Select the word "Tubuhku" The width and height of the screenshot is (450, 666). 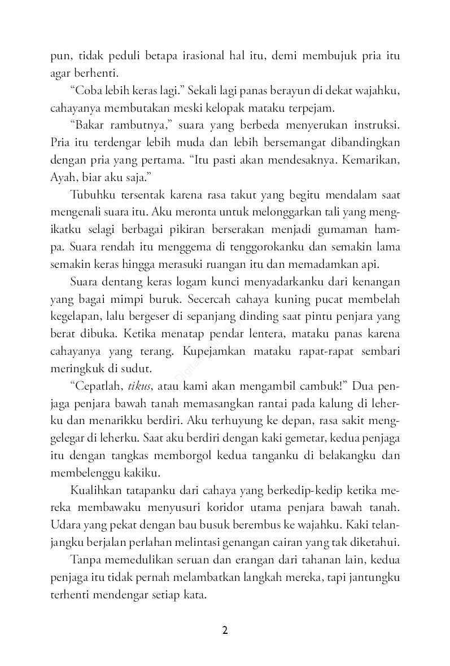click(x=93, y=195)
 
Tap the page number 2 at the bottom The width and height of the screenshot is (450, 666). click(x=225, y=630)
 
